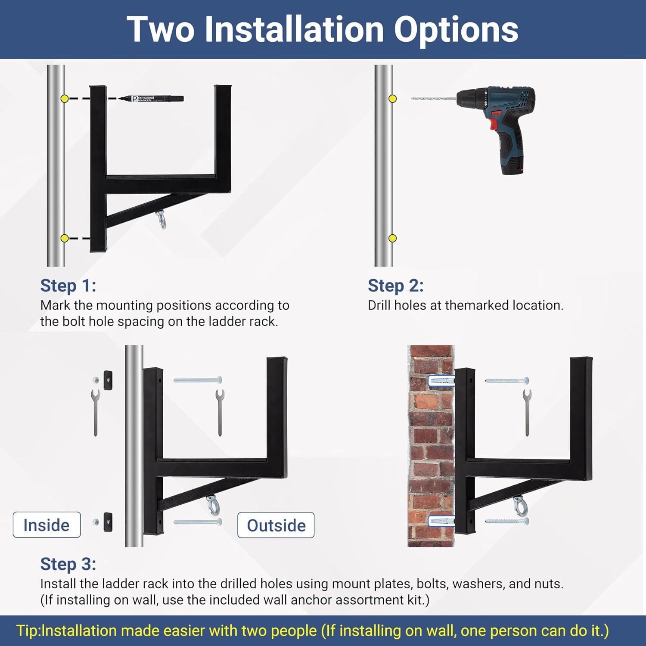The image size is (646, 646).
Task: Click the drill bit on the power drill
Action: click(433, 99)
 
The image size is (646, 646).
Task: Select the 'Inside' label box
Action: click(47, 525)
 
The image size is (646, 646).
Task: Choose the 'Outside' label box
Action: click(276, 525)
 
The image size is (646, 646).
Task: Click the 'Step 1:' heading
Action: click(68, 286)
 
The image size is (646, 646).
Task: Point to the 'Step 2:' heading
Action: click(396, 286)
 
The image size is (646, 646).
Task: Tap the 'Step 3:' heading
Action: click(68, 564)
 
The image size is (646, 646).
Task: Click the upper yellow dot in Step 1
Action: click(65, 99)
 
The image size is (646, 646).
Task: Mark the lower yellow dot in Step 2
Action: click(392, 238)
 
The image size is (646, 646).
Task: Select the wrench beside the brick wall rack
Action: click(527, 413)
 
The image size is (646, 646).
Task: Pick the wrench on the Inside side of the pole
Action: click(95, 413)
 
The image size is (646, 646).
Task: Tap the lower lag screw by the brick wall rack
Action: click(507, 522)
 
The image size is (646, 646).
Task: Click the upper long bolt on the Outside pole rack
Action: click(198, 380)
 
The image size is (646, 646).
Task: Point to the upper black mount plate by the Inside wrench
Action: click(108, 380)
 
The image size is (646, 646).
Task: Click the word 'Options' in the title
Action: click(456, 29)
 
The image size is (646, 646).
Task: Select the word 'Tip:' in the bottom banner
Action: click(29, 631)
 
